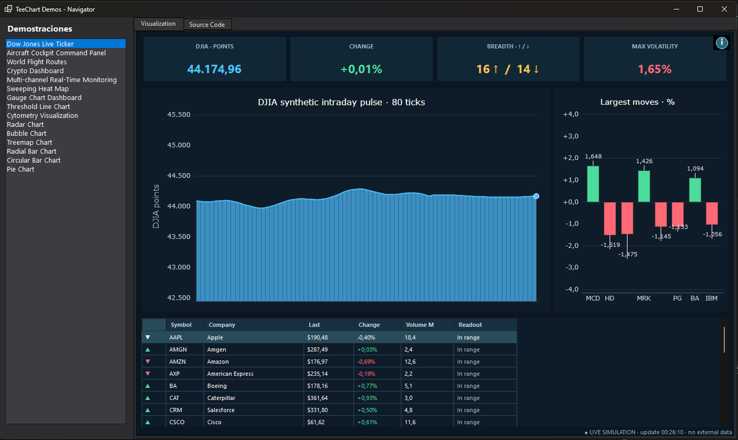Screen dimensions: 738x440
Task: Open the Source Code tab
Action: pyautogui.click(x=207, y=25)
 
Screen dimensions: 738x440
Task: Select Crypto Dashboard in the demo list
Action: pyautogui.click(x=35, y=71)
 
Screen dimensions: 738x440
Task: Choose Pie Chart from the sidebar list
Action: pyautogui.click(x=20, y=169)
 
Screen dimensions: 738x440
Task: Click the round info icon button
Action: pyautogui.click(x=721, y=42)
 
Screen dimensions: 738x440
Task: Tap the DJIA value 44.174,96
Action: pyautogui.click(x=214, y=69)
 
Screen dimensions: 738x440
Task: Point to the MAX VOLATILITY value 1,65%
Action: pyautogui.click(x=654, y=69)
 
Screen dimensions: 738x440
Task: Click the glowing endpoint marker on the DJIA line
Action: pyautogui.click(x=536, y=196)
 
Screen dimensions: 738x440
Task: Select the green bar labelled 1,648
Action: pyautogui.click(x=593, y=184)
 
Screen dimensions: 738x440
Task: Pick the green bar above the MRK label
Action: pyautogui.click(x=644, y=186)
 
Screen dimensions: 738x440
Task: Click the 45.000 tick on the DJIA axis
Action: pyautogui.click(x=178, y=145)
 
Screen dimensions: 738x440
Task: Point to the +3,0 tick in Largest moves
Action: pyautogui.click(x=571, y=136)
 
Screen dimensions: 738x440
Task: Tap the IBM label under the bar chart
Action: pyautogui.click(x=712, y=298)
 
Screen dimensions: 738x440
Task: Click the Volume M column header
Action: pyautogui.click(x=419, y=325)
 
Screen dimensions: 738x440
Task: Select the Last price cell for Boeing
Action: pyautogui.click(x=317, y=386)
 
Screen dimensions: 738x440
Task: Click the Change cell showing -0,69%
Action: pyautogui.click(x=366, y=362)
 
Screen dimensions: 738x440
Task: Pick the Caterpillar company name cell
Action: pyautogui.click(x=221, y=398)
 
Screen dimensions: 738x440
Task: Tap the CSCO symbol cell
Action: pyautogui.click(x=177, y=422)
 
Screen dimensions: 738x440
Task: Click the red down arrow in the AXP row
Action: pyautogui.click(x=148, y=374)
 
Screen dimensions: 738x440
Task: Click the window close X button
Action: pyautogui.click(x=724, y=9)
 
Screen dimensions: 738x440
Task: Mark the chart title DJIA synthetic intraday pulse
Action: pyautogui.click(x=320, y=102)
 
